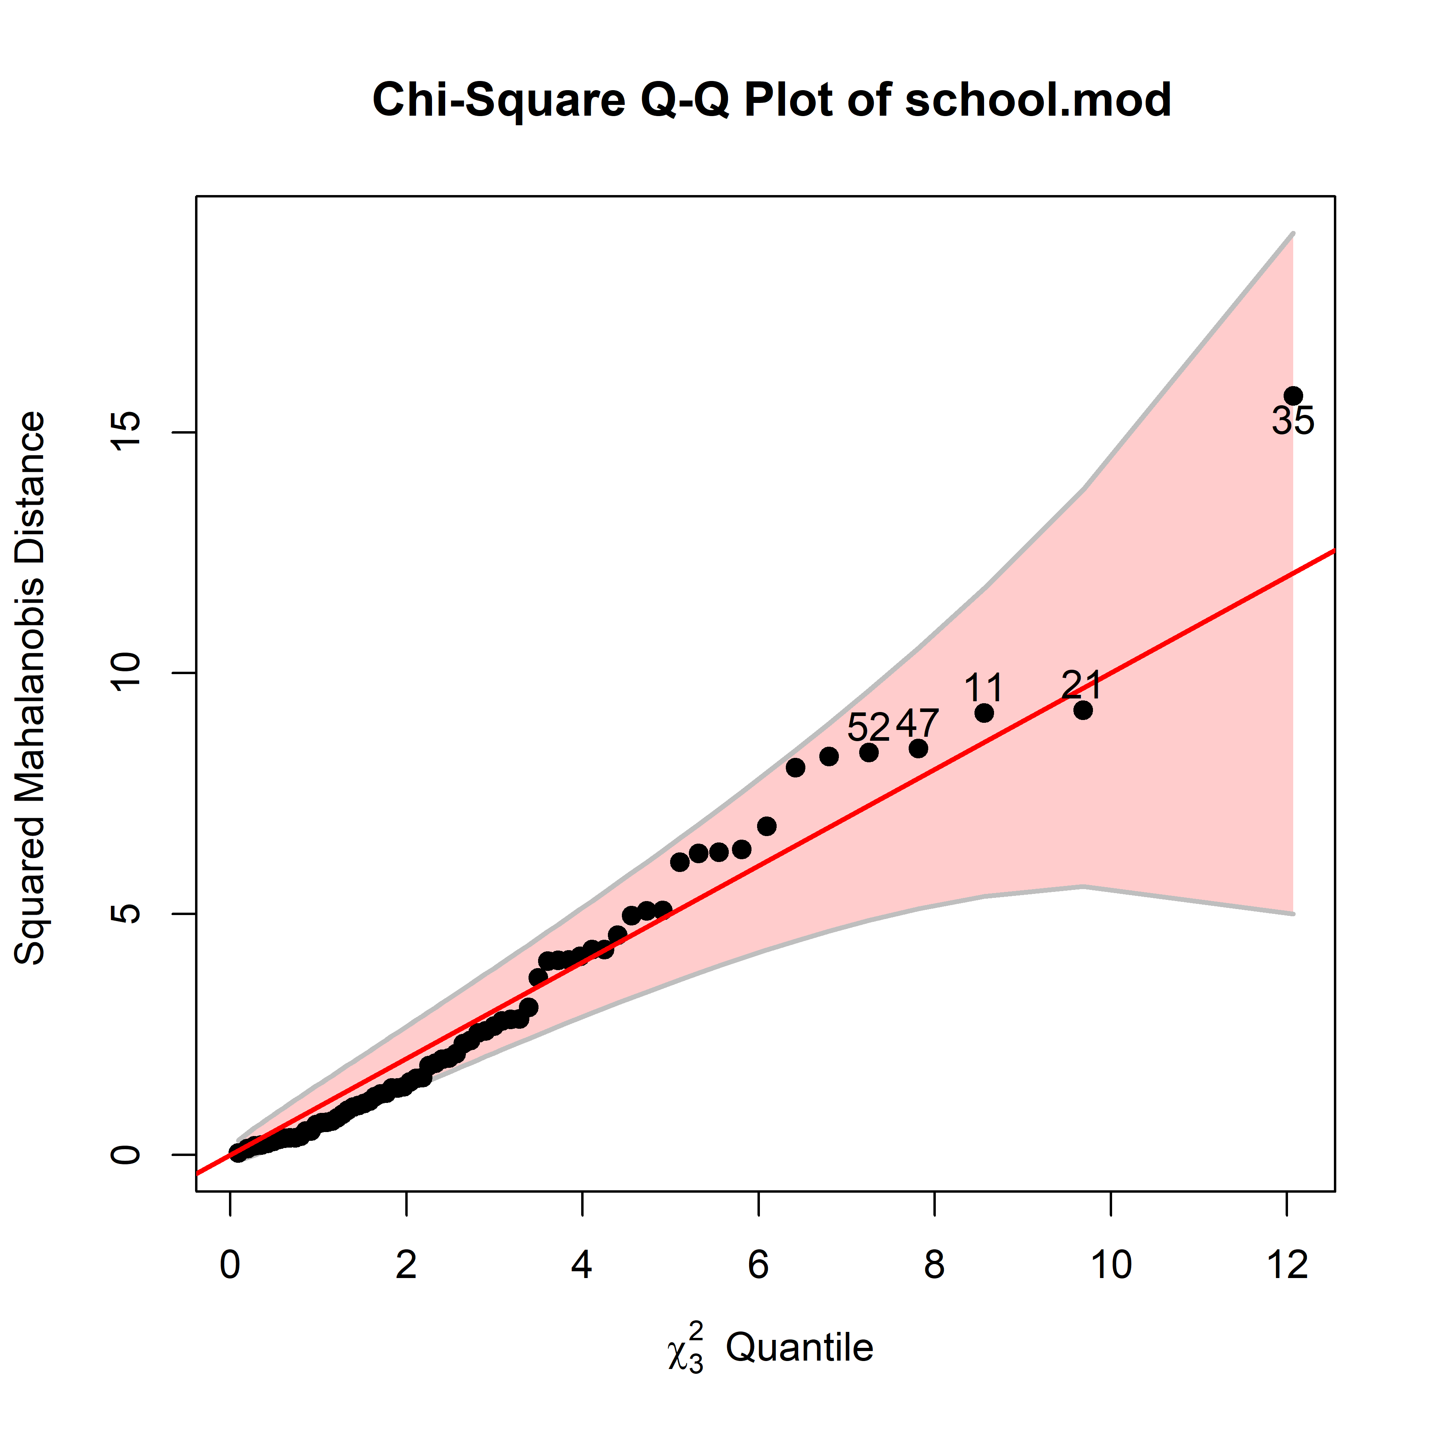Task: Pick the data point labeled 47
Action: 919,748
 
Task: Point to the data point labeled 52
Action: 869,752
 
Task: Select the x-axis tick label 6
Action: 758,1265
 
